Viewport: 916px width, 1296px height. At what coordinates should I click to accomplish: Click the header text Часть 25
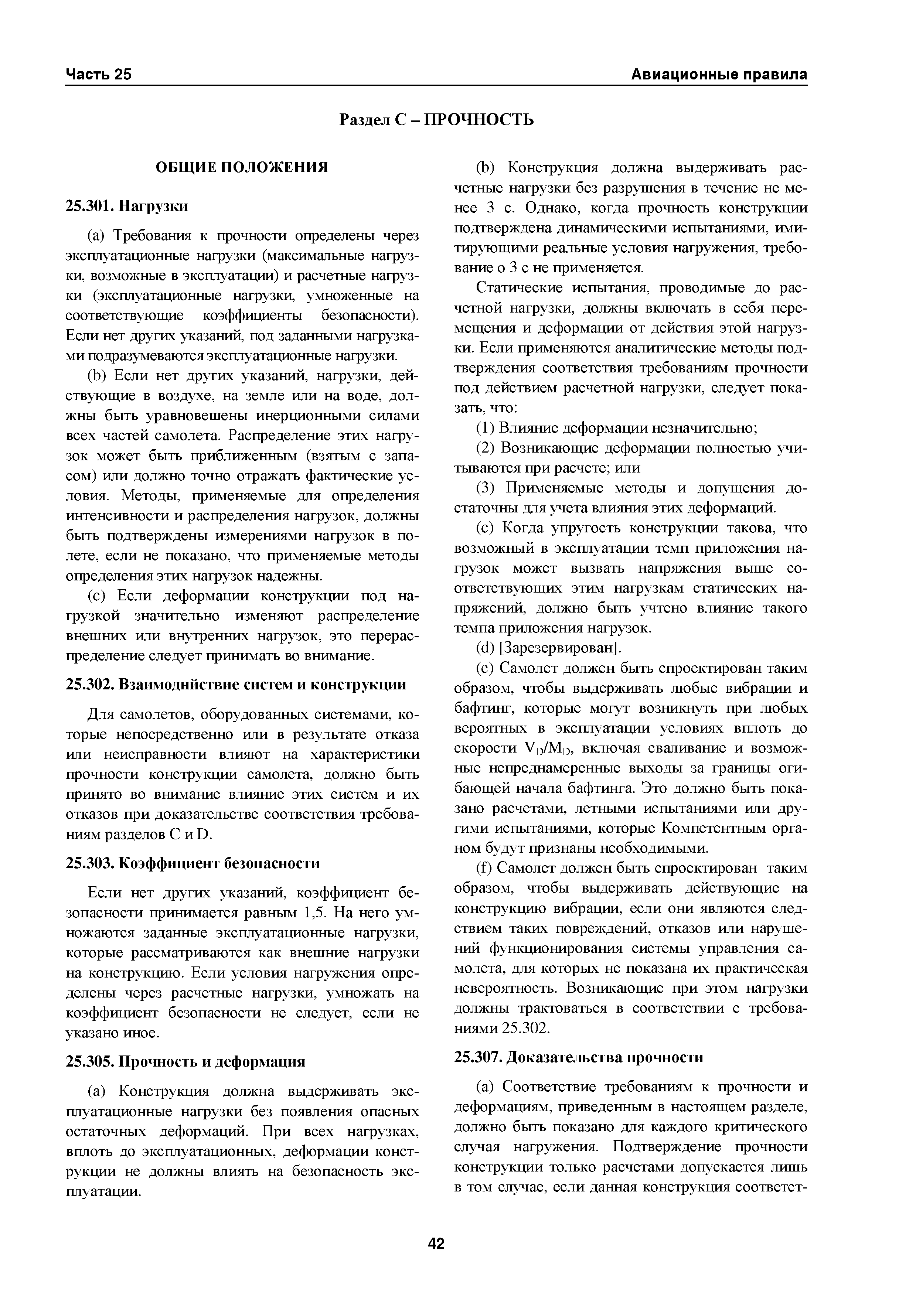(99, 75)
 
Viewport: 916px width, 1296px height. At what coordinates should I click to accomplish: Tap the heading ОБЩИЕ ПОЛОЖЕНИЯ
(242, 168)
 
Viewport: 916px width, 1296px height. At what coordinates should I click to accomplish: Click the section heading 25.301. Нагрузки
(127, 207)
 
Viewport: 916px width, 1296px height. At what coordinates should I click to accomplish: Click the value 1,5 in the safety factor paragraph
(314, 913)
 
